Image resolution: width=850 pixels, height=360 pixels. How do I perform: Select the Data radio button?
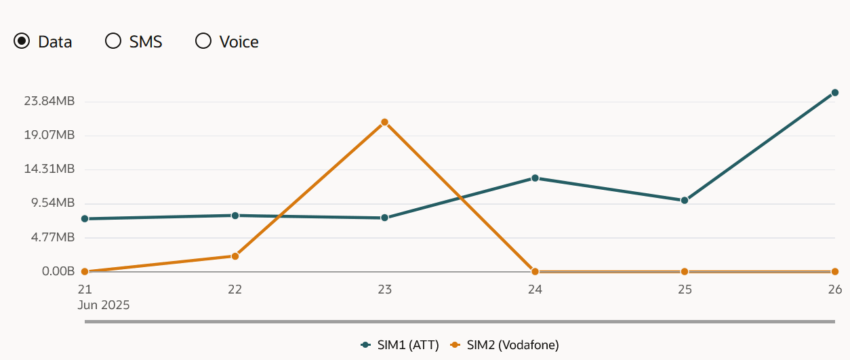coord(22,41)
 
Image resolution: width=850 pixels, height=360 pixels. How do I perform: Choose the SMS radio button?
coord(113,41)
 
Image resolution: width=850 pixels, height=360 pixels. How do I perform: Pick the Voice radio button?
coord(203,41)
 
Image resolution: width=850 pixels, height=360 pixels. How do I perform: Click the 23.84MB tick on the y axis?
coord(49,101)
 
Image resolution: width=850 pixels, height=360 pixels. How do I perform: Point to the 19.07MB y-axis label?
coord(49,135)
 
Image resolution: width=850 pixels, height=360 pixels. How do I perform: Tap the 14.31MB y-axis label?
coord(49,169)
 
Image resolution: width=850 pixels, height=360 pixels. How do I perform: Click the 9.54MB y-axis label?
coord(52,203)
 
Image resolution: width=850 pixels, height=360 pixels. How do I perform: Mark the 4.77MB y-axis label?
coord(52,237)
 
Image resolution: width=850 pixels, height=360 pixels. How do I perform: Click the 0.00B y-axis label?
coord(58,271)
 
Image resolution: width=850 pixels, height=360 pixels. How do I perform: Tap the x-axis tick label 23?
coord(385,289)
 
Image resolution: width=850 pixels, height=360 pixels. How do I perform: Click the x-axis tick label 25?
coord(685,289)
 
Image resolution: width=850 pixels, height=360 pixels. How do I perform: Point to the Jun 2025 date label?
coord(104,305)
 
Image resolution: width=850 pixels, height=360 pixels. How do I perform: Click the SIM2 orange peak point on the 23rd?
coord(384,122)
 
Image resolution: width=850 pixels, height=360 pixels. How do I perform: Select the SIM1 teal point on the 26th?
coord(835,93)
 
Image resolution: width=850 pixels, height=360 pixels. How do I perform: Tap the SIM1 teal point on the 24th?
coord(535,178)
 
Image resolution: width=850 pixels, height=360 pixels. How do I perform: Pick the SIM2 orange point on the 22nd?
coord(235,256)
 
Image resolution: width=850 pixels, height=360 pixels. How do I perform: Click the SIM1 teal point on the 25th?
coord(685,200)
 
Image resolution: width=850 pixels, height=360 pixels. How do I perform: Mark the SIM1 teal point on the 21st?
coord(85,218)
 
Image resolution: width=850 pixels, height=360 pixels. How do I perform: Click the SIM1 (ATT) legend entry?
coord(401,345)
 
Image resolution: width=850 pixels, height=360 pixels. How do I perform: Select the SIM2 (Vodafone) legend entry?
coord(506,345)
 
